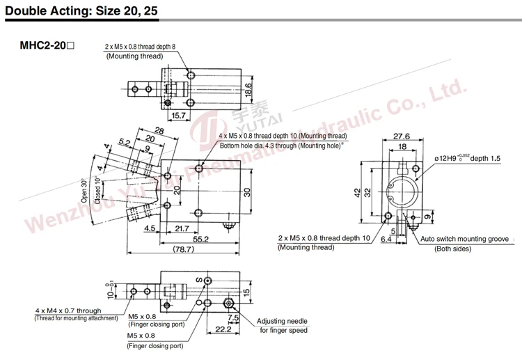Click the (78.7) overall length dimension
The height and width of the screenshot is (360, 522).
tap(184, 249)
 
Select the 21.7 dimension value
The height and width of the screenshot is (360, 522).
tap(182, 228)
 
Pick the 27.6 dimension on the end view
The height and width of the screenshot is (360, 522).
tap(402, 136)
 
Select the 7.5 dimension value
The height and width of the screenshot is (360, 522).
tap(233, 318)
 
